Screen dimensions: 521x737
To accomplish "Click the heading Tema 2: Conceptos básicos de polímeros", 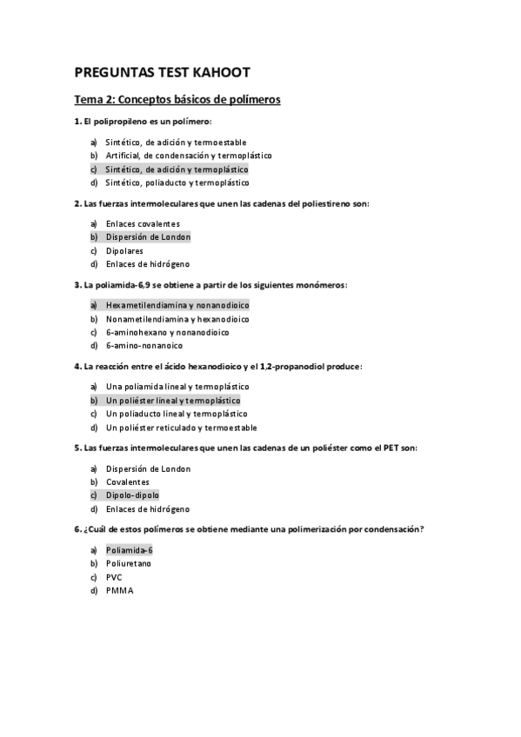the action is [x=177, y=100].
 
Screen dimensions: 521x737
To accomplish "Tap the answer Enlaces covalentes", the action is [x=143, y=223].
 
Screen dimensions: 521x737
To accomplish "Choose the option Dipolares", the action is [x=124, y=250].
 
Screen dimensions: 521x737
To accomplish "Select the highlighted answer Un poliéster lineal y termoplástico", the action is [x=173, y=401].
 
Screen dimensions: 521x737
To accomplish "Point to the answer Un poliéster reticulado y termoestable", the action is [x=181, y=428].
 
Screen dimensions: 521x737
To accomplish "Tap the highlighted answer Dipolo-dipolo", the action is [x=132, y=495].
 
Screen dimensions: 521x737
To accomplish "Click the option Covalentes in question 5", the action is [x=127, y=481].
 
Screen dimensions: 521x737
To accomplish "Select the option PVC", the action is [x=114, y=577].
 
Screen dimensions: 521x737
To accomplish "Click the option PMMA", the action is [x=119, y=590].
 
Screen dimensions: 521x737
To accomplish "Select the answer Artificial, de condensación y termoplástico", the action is [x=188, y=156].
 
